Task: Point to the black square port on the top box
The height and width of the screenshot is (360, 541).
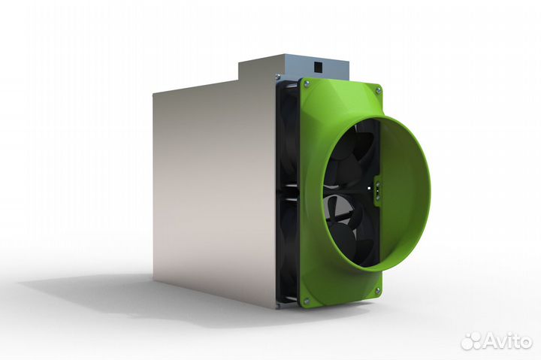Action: (x=318, y=66)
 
